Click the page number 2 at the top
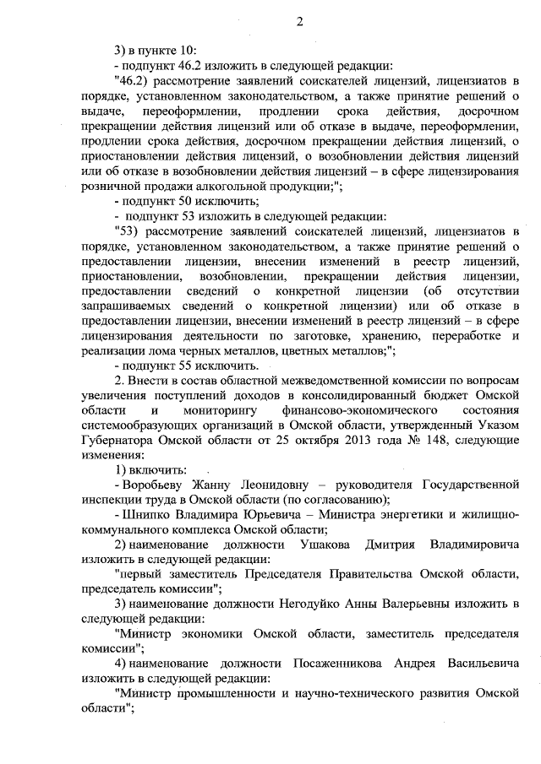pyautogui.click(x=300, y=21)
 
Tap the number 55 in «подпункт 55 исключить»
pyautogui.click(x=177, y=366)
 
